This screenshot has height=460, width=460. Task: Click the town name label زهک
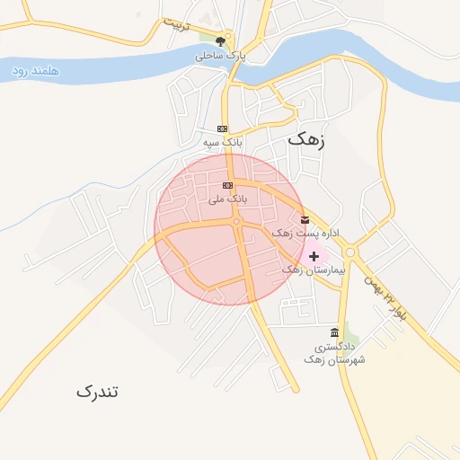(x=306, y=140)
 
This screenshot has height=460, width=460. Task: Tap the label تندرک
(x=97, y=392)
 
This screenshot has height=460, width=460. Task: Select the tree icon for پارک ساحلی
(x=221, y=40)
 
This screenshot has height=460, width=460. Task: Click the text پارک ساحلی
(x=220, y=56)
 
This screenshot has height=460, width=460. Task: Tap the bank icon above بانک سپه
(x=222, y=128)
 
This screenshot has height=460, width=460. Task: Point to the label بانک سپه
(x=222, y=142)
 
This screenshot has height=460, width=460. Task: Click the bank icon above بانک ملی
(x=226, y=185)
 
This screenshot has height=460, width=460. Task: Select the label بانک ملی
(x=226, y=199)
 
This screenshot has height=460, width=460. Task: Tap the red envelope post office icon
(x=305, y=220)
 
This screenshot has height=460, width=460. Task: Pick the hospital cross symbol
(x=313, y=256)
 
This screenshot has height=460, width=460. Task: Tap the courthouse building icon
(x=335, y=332)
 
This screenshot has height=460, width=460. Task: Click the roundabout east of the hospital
(x=349, y=252)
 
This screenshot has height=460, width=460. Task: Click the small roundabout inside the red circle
(x=236, y=221)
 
